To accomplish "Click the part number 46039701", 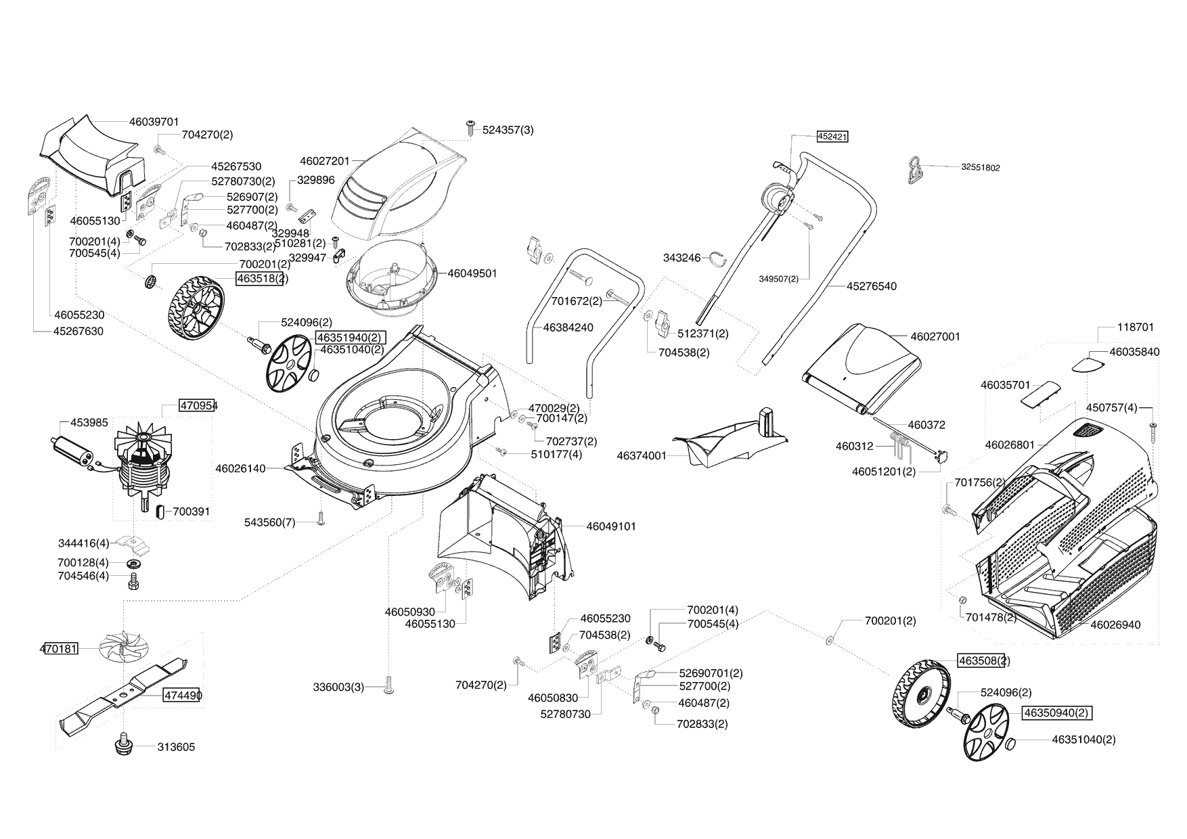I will [x=154, y=122].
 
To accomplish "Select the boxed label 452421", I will [x=832, y=136].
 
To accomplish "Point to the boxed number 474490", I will [x=181, y=695].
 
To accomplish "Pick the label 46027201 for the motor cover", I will [x=325, y=161].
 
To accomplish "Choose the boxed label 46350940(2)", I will [x=1056, y=713].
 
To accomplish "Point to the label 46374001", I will [x=642, y=456].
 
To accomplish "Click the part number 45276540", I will [x=871, y=286].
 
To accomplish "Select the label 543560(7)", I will [x=269, y=522].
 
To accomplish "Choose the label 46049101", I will [x=610, y=526].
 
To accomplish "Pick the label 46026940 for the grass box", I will [x=1115, y=625].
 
